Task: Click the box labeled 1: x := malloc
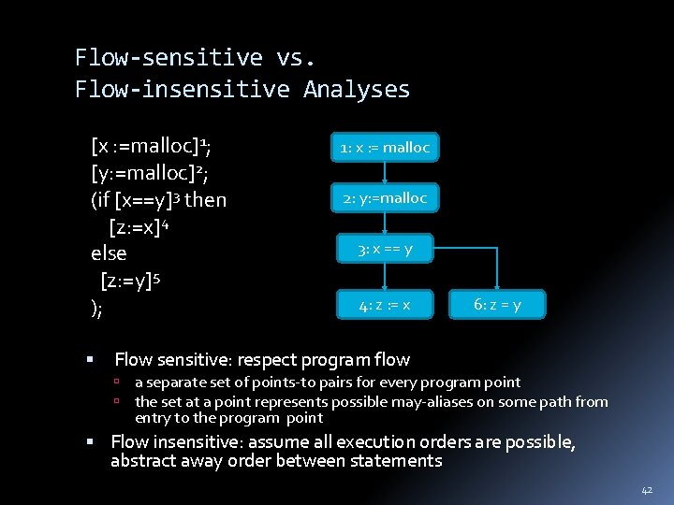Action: tap(385, 147)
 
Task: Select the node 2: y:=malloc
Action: tap(385, 197)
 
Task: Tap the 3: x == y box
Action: tap(385, 249)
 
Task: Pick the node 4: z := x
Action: tap(385, 304)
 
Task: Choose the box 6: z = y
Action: tap(498, 304)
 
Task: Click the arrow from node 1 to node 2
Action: tap(385, 172)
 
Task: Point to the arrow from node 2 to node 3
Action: tap(385, 223)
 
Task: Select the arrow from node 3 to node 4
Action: tap(385, 276)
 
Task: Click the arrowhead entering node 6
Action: tap(497, 286)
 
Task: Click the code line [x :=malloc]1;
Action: tap(151, 147)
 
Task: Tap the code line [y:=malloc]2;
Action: tap(151, 173)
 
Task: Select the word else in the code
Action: tap(109, 253)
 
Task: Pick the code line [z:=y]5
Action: tap(144, 281)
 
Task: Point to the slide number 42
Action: tap(646, 489)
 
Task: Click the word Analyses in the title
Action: tap(357, 90)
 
